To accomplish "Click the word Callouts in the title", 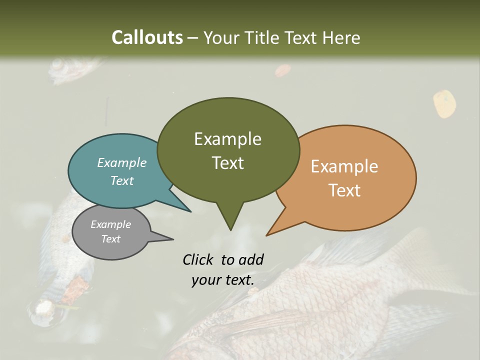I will point(147,37).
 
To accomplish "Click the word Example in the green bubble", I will point(227,139).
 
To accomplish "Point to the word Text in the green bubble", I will point(227,162).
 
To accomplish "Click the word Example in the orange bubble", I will point(344,166).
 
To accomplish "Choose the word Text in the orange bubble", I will point(344,190).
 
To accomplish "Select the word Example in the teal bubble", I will point(122,162).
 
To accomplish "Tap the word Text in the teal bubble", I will point(122,180).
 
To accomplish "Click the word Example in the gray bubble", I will point(110,224).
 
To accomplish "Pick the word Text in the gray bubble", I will point(110,239).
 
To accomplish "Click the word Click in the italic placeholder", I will point(199,259).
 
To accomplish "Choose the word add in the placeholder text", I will point(251,259).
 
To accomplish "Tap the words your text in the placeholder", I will point(223,280).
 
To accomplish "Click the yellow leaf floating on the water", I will point(444,103).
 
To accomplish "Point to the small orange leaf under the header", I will point(282,70).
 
